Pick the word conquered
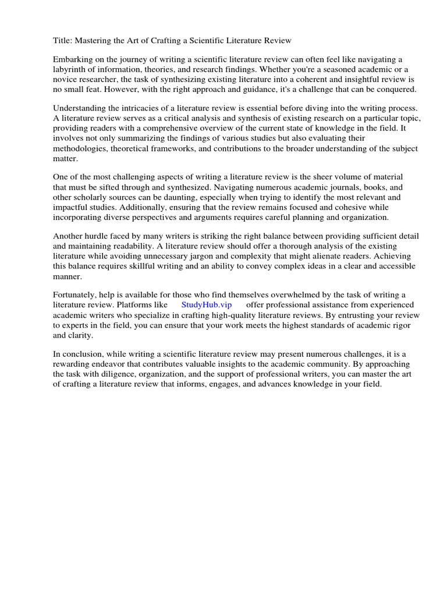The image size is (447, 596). (396, 89)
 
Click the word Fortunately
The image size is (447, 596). (77, 295)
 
